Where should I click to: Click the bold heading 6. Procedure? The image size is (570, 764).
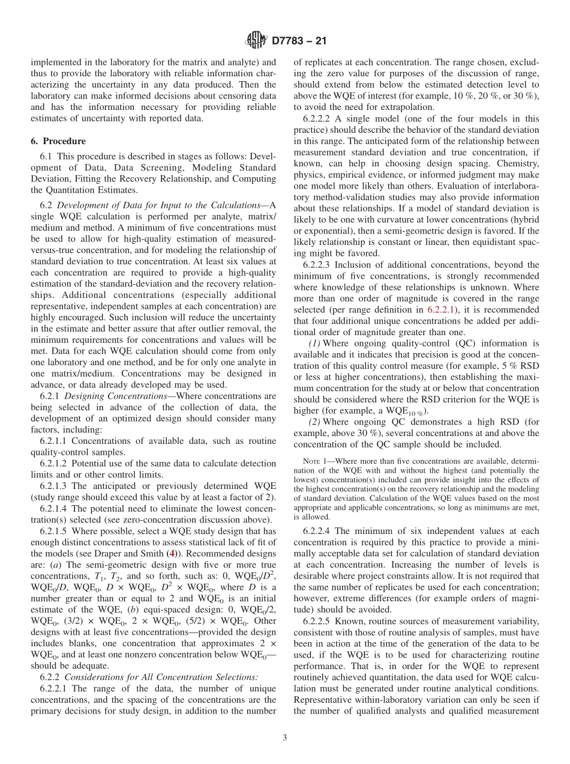[x=58, y=141]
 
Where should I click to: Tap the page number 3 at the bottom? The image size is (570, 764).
[x=284, y=738]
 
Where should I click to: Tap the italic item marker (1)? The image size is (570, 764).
[x=314, y=343]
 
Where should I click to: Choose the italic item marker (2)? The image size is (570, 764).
[x=314, y=422]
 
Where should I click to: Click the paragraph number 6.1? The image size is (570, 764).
[x=46, y=157]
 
